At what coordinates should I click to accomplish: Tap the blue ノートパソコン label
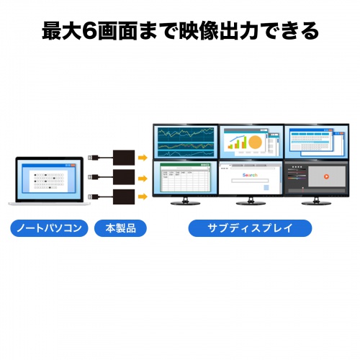click(50, 229)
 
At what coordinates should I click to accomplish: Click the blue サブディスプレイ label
click(250, 229)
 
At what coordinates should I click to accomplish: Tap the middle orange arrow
click(143, 176)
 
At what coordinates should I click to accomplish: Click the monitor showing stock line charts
click(185, 141)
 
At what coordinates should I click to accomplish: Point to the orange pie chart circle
click(254, 143)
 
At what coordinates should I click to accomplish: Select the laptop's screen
click(48, 179)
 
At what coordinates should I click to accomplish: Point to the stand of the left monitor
click(185, 201)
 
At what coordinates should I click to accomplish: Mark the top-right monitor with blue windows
click(315, 142)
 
